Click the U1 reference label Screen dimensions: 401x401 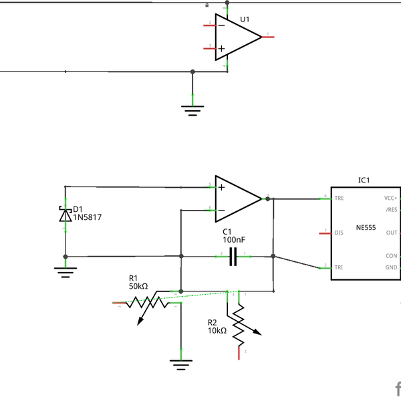[244, 19]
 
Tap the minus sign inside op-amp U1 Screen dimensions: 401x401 [221, 25]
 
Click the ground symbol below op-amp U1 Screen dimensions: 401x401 [192, 109]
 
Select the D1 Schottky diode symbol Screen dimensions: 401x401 [65, 215]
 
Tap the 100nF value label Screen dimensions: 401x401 [234, 239]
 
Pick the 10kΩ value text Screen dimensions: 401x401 [217, 330]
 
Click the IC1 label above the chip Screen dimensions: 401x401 [364, 180]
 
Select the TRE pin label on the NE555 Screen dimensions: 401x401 [340, 198]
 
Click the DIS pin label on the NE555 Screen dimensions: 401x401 [339, 233]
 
